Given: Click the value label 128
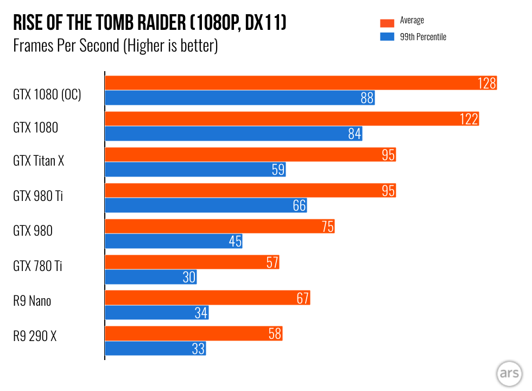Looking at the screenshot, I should [x=487, y=83].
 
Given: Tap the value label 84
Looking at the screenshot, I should [x=354, y=134].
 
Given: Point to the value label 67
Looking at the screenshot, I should [x=302, y=298].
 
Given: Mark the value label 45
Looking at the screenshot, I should [x=235, y=241].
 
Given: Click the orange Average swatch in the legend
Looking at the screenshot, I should [x=387, y=23].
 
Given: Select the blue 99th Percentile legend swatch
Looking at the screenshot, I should [x=387, y=37].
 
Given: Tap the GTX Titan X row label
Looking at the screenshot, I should [x=39, y=161].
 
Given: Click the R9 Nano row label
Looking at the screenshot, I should [x=32, y=300].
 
